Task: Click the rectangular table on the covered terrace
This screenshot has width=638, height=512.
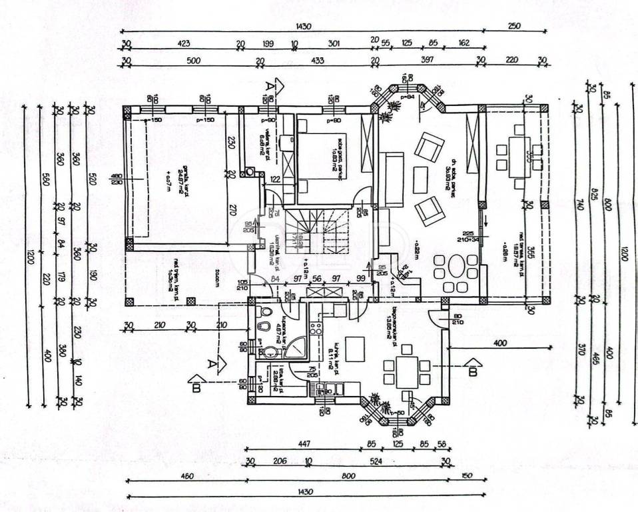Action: pos(517,157)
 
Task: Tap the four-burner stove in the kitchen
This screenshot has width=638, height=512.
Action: pos(315,327)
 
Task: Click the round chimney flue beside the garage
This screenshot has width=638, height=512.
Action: pos(250,172)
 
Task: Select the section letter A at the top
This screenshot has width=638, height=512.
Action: pos(270,87)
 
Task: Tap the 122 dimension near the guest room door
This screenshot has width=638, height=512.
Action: pos(275,179)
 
